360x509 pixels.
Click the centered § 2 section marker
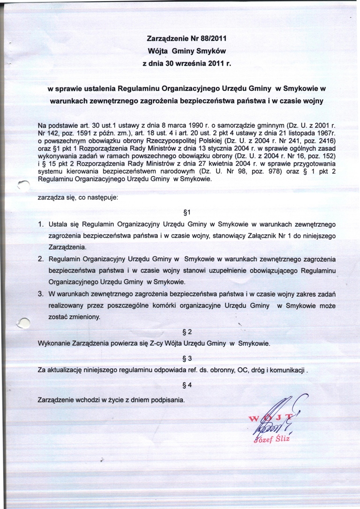[187, 333]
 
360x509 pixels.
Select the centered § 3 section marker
[187, 359]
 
